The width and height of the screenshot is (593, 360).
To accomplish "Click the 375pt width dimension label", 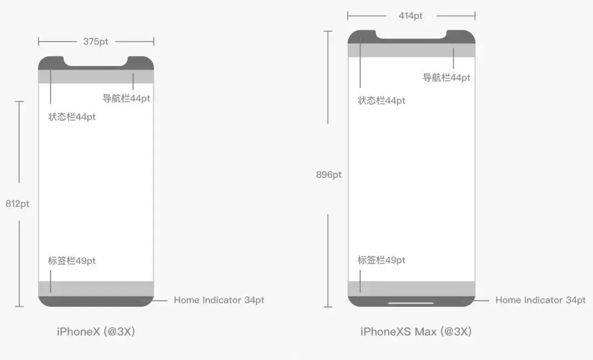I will [x=96, y=42].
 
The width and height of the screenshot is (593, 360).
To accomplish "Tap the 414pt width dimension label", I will [x=411, y=16].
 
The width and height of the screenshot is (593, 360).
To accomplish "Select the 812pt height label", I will [x=18, y=204].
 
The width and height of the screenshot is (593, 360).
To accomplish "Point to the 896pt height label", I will [x=328, y=175].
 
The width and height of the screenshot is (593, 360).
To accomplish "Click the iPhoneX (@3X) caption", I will [x=96, y=331].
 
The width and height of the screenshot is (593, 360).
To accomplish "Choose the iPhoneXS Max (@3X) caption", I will [x=416, y=331].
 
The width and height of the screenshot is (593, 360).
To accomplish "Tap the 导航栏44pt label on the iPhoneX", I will [x=126, y=99].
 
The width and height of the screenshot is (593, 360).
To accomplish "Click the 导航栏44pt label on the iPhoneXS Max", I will [x=446, y=78].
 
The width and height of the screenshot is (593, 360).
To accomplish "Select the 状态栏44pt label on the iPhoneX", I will [x=72, y=117].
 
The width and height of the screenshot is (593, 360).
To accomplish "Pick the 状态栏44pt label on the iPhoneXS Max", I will [x=382, y=101].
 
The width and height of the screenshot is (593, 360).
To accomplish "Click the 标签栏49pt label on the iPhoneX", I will [x=72, y=261].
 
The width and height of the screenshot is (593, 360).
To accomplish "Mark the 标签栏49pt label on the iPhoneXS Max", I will [x=382, y=260].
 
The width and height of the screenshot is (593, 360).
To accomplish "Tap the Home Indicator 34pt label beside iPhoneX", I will [x=219, y=300].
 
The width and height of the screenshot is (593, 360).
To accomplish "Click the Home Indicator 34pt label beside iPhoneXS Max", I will [x=540, y=300].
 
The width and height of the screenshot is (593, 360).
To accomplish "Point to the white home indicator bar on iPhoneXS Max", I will [x=411, y=302].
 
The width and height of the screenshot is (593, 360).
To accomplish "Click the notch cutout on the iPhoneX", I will [x=96, y=60].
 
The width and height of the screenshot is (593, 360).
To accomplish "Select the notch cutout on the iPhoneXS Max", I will [x=411, y=34].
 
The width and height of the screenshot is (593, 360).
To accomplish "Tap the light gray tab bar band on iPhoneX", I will [x=96, y=289].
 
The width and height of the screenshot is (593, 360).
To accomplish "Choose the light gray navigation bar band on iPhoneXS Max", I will [x=411, y=50].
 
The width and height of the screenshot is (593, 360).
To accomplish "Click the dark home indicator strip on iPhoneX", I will [x=96, y=301].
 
